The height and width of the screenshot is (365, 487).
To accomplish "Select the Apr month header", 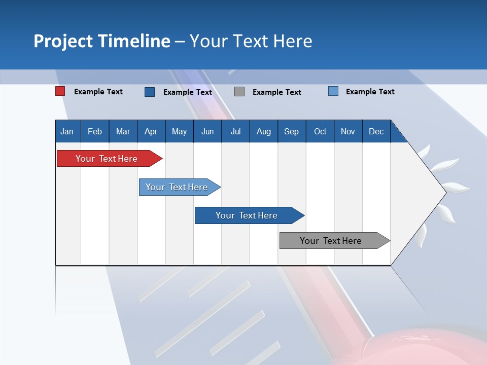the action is (x=151, y=131).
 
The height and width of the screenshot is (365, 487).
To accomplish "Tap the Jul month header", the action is (x=236, y=131).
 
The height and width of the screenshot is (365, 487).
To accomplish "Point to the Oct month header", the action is (x=320, y=131).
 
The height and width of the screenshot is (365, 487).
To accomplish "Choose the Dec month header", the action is (x=376, y=131).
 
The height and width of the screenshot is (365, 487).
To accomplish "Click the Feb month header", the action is (x=95, y=131).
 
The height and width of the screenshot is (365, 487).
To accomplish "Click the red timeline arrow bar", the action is (x=110, y=159).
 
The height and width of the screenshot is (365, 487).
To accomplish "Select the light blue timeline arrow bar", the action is (x=180, y=187).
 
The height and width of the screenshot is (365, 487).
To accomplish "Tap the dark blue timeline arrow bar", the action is (x=250, y=215).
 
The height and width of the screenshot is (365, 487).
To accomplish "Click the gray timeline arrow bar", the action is (x=335, y=240).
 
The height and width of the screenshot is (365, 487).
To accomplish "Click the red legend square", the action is (x=60, y=91).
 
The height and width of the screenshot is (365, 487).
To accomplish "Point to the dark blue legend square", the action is (x=150, y=92).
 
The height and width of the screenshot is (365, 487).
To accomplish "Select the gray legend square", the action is (x=239, y=92).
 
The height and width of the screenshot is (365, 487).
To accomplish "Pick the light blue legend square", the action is (x=333, y=91).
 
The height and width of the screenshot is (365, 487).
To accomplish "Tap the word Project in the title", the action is (x=63, y=42).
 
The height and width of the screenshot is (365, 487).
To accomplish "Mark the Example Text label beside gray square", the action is (x=277, y=92).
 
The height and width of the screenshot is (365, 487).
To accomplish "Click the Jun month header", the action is (x=207, y=131).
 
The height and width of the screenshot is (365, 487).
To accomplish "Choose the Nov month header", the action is (x=348, y=131).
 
